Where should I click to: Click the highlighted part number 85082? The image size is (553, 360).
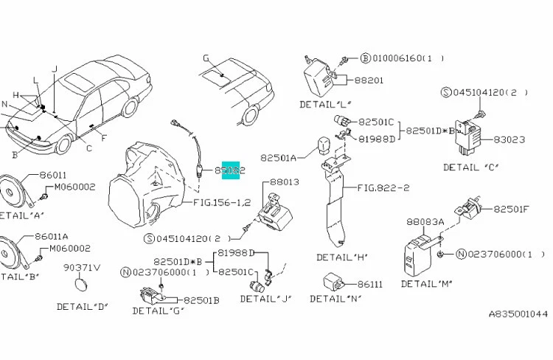click(230, 170)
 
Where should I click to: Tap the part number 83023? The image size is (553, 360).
click(509, 138)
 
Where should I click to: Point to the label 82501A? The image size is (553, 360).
click(278, 157)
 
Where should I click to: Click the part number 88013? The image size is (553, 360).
click(284, 181)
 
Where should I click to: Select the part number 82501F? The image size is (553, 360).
click(511, 210)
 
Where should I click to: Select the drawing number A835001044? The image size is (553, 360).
click(518, 314)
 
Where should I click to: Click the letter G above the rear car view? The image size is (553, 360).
click(206, 57)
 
